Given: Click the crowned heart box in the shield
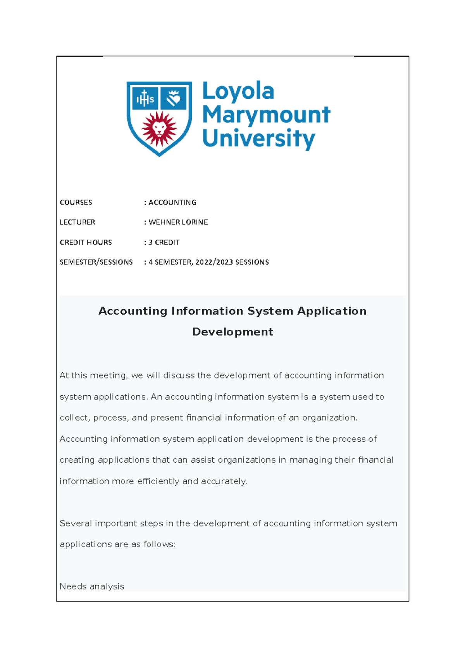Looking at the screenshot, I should pos(174,99).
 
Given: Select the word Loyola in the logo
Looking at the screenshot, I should pos(238,92).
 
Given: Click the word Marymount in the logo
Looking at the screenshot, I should pos(266,115).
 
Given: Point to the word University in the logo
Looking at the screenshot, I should pos(258,139).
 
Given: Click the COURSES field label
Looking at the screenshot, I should pos(76,202).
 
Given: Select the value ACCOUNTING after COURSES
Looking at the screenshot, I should pos(172,202).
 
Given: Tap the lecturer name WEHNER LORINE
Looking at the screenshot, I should pos(178,222).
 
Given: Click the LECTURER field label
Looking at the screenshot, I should pos(77,222).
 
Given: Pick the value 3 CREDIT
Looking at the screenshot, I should pos(164,242).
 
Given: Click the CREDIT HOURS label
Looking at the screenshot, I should pos(86,242).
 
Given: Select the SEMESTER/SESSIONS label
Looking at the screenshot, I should pos(96,262).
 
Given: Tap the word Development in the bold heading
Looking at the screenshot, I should pos(232,332).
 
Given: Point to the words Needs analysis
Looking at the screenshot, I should pos(92,586).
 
